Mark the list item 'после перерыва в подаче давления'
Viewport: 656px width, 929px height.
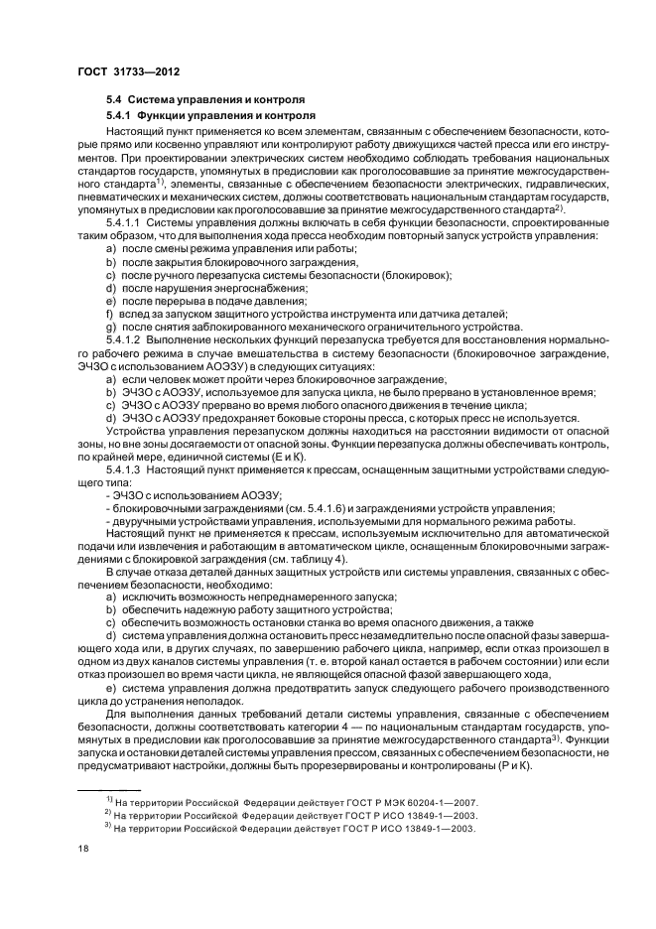click(204, 301)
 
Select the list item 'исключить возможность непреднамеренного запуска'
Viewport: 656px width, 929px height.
click(248, 597)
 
